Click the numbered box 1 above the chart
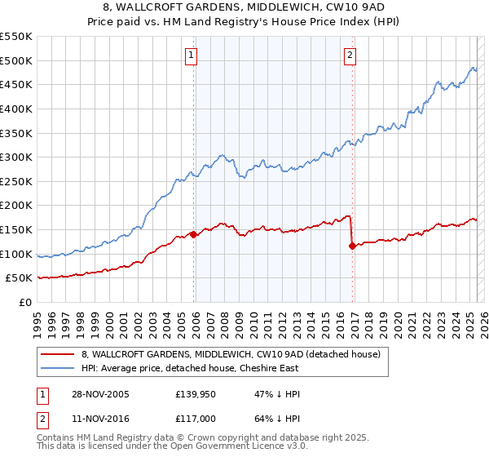click(191, 55)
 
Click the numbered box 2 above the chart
click(350, 55)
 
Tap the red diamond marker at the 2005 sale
click(194, 234)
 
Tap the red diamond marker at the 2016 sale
click(352, 246)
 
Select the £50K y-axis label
click(20, 278)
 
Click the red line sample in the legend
click(59, 354)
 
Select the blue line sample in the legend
click(59, 368)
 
